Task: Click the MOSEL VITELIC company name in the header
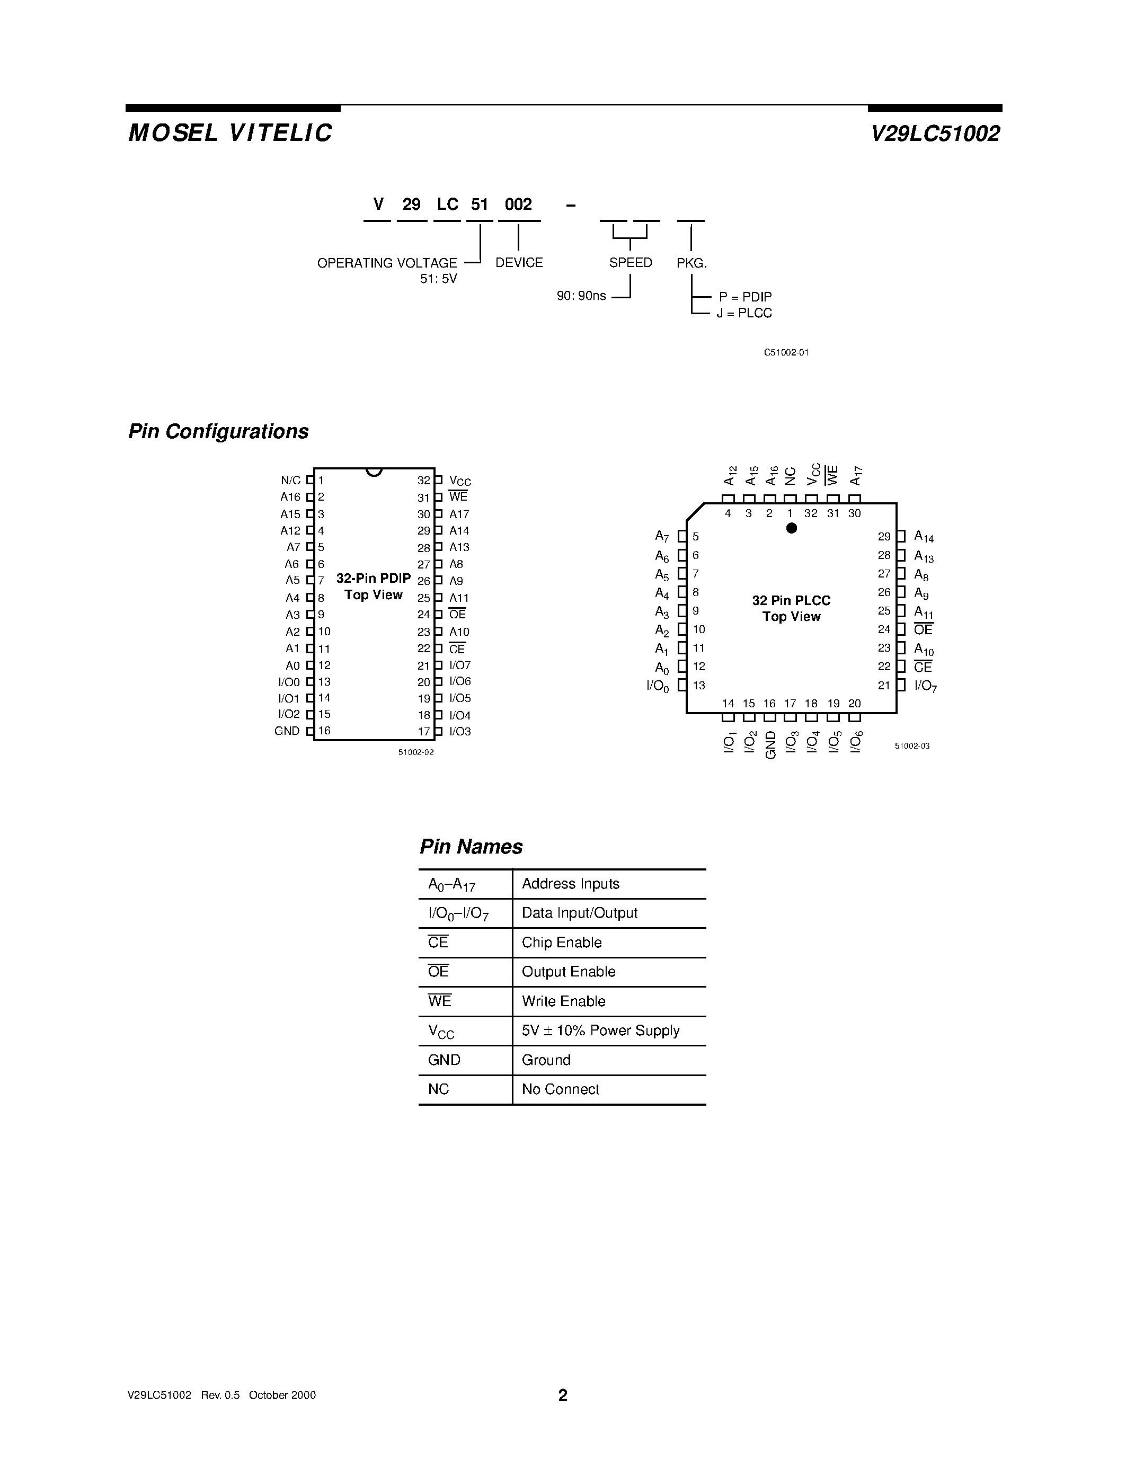[x=230, y=133]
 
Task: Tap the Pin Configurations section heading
[x=218, y=432]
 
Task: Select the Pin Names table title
[x=471, y=847]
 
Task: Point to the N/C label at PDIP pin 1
[x=291, y=481]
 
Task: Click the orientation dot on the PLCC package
[x=792, y=528]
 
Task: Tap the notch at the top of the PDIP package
[x=374, y=472]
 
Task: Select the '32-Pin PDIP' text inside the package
[x=374, y=579]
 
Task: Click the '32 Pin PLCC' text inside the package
[x=791, y=600]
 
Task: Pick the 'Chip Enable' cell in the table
[x=562, y=943]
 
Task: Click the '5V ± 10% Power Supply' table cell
[x=600, y=1030]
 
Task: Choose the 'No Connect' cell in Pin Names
[x=560, y=1089]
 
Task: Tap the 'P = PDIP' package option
[x=745, y=297]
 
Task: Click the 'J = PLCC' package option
[x=744, y=314]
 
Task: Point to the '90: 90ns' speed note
[x=581, y=296]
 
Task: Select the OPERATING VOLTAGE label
[x=387, y=263]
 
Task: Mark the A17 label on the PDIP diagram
[x=459, y=514]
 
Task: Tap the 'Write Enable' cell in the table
[x=564, y=1001]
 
